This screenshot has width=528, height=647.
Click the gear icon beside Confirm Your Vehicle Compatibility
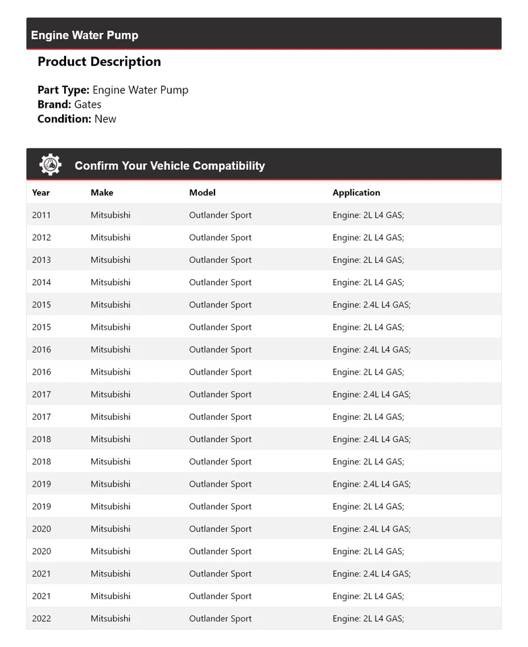point(50,165)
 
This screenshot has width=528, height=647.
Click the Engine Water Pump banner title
point(84,36)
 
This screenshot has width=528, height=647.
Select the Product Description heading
point(99,62)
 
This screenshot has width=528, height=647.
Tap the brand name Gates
point(88,104)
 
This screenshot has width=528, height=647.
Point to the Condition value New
point(105,119)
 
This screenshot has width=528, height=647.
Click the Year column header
point(40,193)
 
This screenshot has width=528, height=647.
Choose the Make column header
point(102,193)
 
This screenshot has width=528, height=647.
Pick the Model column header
point(202,193)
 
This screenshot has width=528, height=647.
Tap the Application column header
point(356,193)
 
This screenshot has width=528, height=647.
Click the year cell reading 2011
point(41,215)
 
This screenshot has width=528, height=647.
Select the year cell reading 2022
point(41,619)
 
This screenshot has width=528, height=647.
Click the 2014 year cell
point(41,282)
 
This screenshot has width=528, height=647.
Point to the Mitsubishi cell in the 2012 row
point(111,237)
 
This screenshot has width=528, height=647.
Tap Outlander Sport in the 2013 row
point(220,260)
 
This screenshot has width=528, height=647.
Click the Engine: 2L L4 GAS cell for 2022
point(368,619)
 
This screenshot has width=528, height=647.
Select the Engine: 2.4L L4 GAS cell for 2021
point(372,574)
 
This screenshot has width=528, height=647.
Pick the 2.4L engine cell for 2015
point(372,305)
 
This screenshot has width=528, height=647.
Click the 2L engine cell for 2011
point(368,215)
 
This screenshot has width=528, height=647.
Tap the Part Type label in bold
point(63,90)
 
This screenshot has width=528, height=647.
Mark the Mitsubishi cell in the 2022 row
point(111,619)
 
